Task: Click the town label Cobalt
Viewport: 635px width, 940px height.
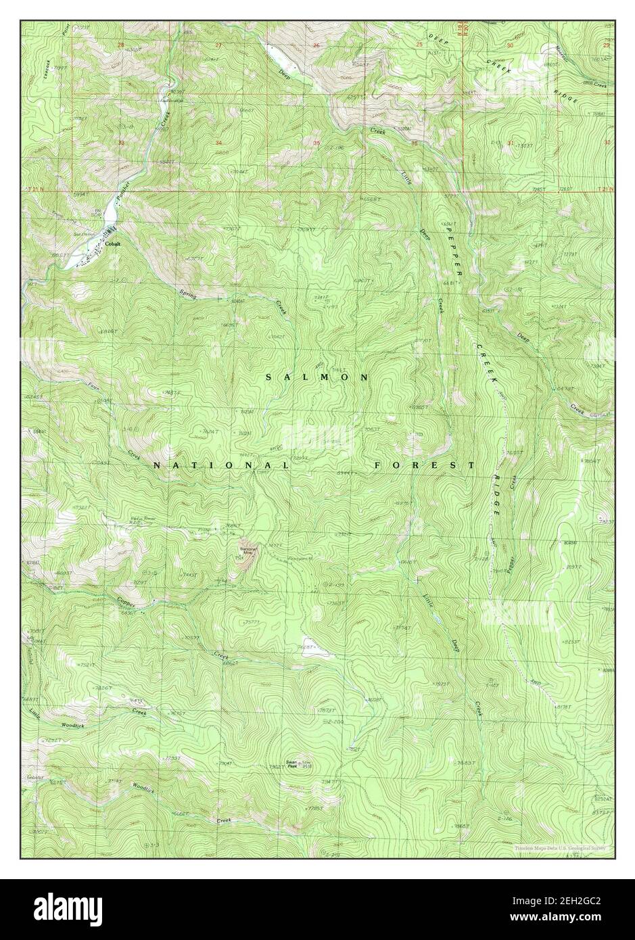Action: pos(112,245)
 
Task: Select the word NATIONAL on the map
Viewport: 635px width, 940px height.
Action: pos(221,466)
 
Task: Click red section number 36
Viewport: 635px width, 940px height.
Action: pos(413,143)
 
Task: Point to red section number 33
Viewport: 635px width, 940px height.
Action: pos(120,143)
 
